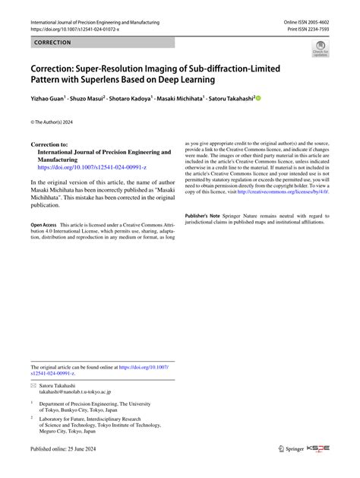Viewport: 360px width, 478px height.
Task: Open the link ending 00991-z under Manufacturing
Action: (x=87, y=168)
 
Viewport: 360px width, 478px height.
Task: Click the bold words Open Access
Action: (x=43, y=226)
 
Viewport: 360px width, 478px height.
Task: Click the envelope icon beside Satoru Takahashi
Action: (x=33, y=385)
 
